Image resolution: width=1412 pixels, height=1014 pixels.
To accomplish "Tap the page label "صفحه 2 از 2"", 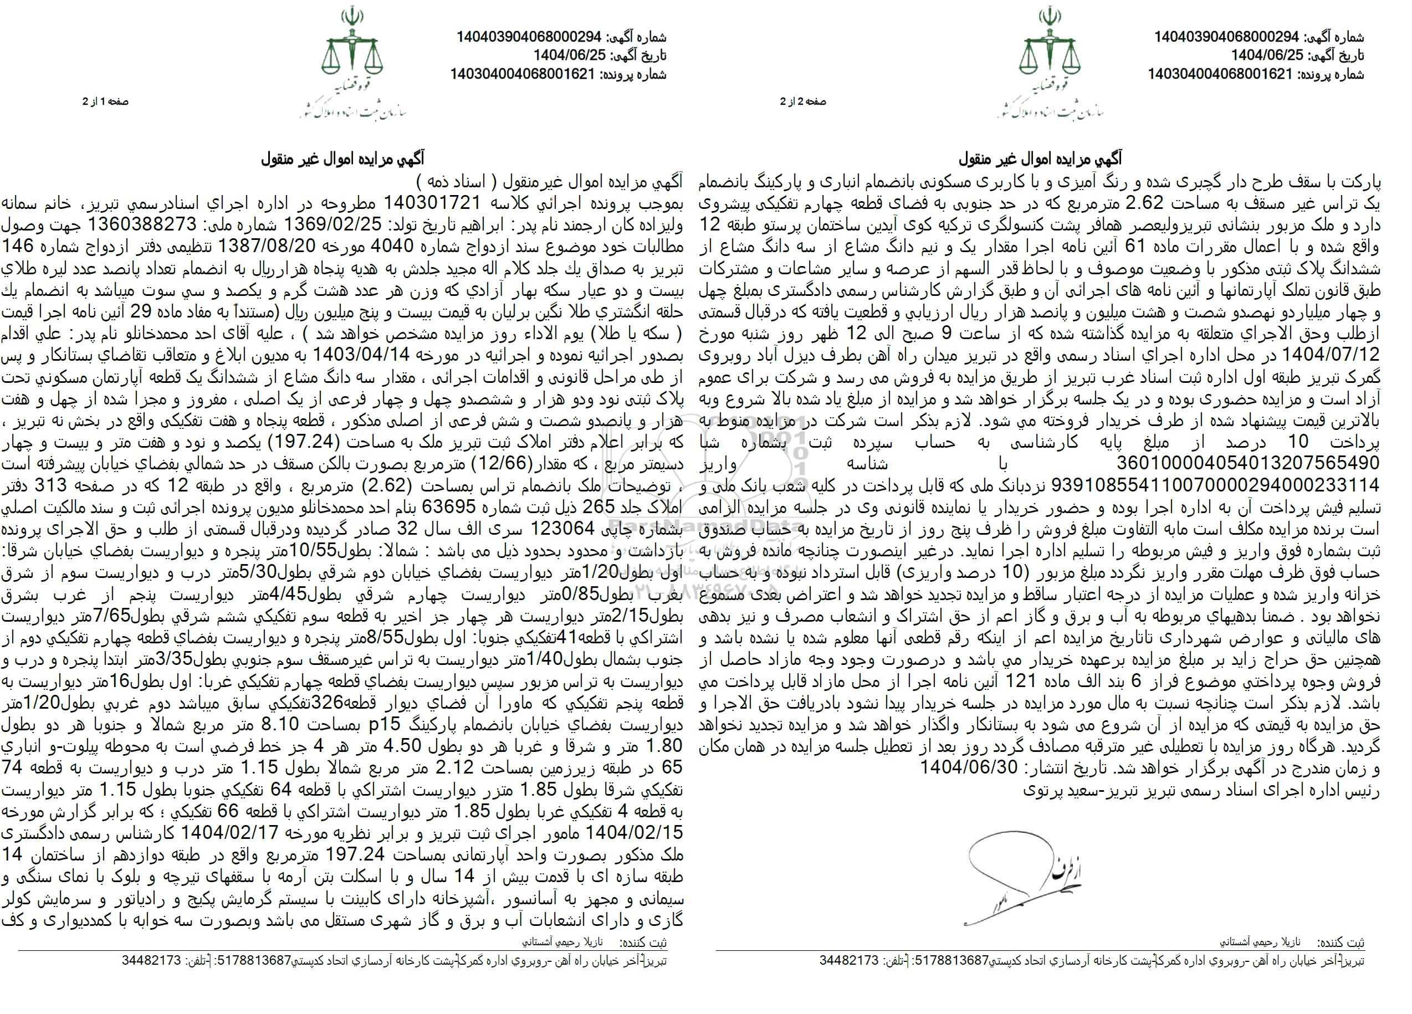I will [x=803, y=101].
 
